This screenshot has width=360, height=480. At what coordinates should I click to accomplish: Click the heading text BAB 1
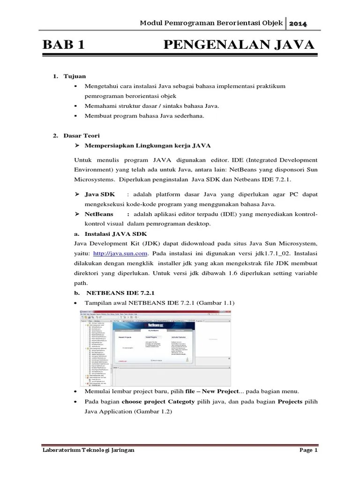click(x=63, y=45)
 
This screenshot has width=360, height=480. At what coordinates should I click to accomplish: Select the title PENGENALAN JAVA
click(x=239, y=45)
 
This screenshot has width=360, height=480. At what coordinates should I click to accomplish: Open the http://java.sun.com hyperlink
click(x=121, y=253)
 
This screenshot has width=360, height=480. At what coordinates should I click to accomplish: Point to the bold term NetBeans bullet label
click(x=100, y=214)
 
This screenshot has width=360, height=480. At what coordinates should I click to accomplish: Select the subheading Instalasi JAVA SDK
click(x=116, y=233)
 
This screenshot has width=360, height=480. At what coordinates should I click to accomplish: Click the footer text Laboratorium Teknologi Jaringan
click(x=88, y=450)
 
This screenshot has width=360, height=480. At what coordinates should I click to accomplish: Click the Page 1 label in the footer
click(x=308, y=450)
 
